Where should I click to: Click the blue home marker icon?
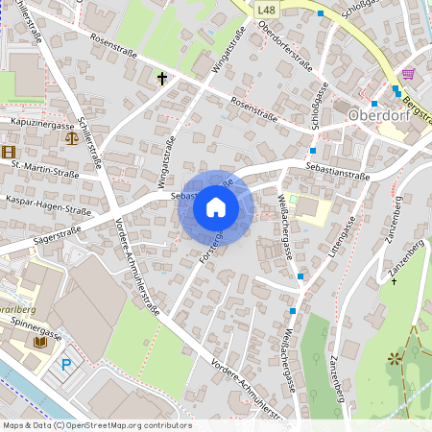point(216,207)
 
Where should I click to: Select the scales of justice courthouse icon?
point(72,136)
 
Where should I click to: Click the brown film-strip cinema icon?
point(9,151)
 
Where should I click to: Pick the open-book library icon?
point(40,341)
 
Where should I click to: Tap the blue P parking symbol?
point(65,364)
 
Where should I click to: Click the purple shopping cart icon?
point(408,73)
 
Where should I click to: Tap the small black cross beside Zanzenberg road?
point(392,281)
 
